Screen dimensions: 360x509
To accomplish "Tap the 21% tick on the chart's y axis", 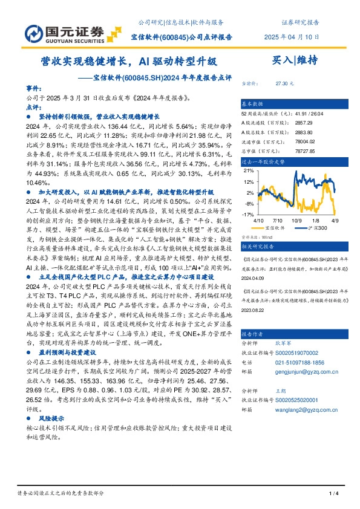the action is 248,171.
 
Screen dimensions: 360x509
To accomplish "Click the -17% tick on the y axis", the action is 248,215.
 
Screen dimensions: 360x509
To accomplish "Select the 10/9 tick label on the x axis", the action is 297,221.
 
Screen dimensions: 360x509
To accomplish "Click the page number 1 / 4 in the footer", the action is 332,495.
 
